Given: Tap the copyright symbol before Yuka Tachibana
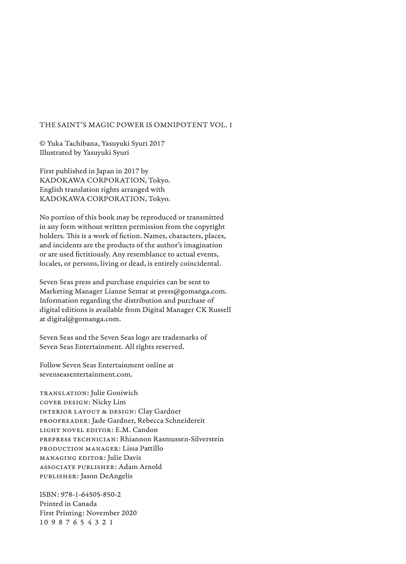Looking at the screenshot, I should click(42, 144).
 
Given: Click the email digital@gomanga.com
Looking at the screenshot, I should click(84, 319).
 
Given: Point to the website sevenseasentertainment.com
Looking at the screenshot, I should click(86, 374).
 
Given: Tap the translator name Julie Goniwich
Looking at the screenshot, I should click(114, 393).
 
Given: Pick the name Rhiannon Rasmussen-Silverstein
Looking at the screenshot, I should click(172, 439).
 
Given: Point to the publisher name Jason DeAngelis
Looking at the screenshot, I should click(106, 476).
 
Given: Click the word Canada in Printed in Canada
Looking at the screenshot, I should click(85, 504).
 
